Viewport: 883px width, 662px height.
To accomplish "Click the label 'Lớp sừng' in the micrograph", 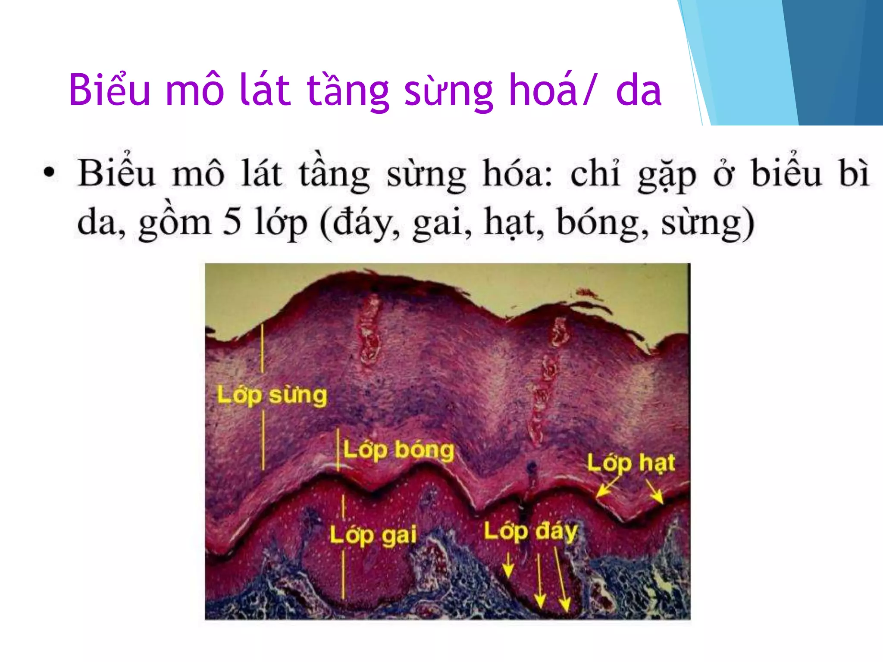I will pyautogui.click(x=272, y=396).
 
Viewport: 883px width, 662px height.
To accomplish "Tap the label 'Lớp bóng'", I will pyautogui.click(x=399, y=450).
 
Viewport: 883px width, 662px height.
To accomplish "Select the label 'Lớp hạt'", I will pyautogui.click(x=631, y=463).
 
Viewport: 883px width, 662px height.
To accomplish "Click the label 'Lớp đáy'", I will pyautogui.click(x=530, y=531).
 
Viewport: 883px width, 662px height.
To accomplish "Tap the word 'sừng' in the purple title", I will pyautogui.click(x=448, y=91).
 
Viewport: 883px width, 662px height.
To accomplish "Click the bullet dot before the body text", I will pyautogui.click(x=50, y=172).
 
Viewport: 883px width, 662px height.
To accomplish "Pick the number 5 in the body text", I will pyautogui.click(x=232, y=221).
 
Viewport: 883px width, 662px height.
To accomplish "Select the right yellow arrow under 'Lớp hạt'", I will pyautogui.click(x=654, y=492).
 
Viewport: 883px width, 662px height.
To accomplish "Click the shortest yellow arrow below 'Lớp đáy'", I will pyautogui.click(x=508, y=565).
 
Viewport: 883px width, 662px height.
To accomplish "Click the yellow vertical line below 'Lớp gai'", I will pyautogui.click(x=343, y=575).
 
